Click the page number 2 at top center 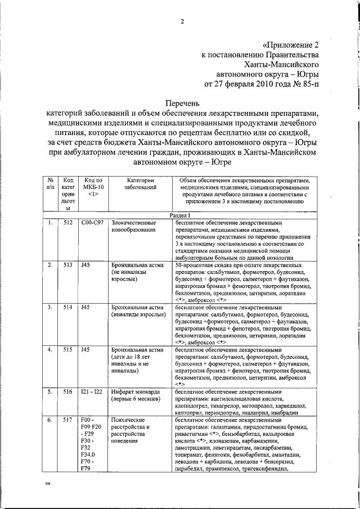[x=182, y=22]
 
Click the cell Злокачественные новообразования [x=134, y=227]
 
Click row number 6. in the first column [x=50, y=420]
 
